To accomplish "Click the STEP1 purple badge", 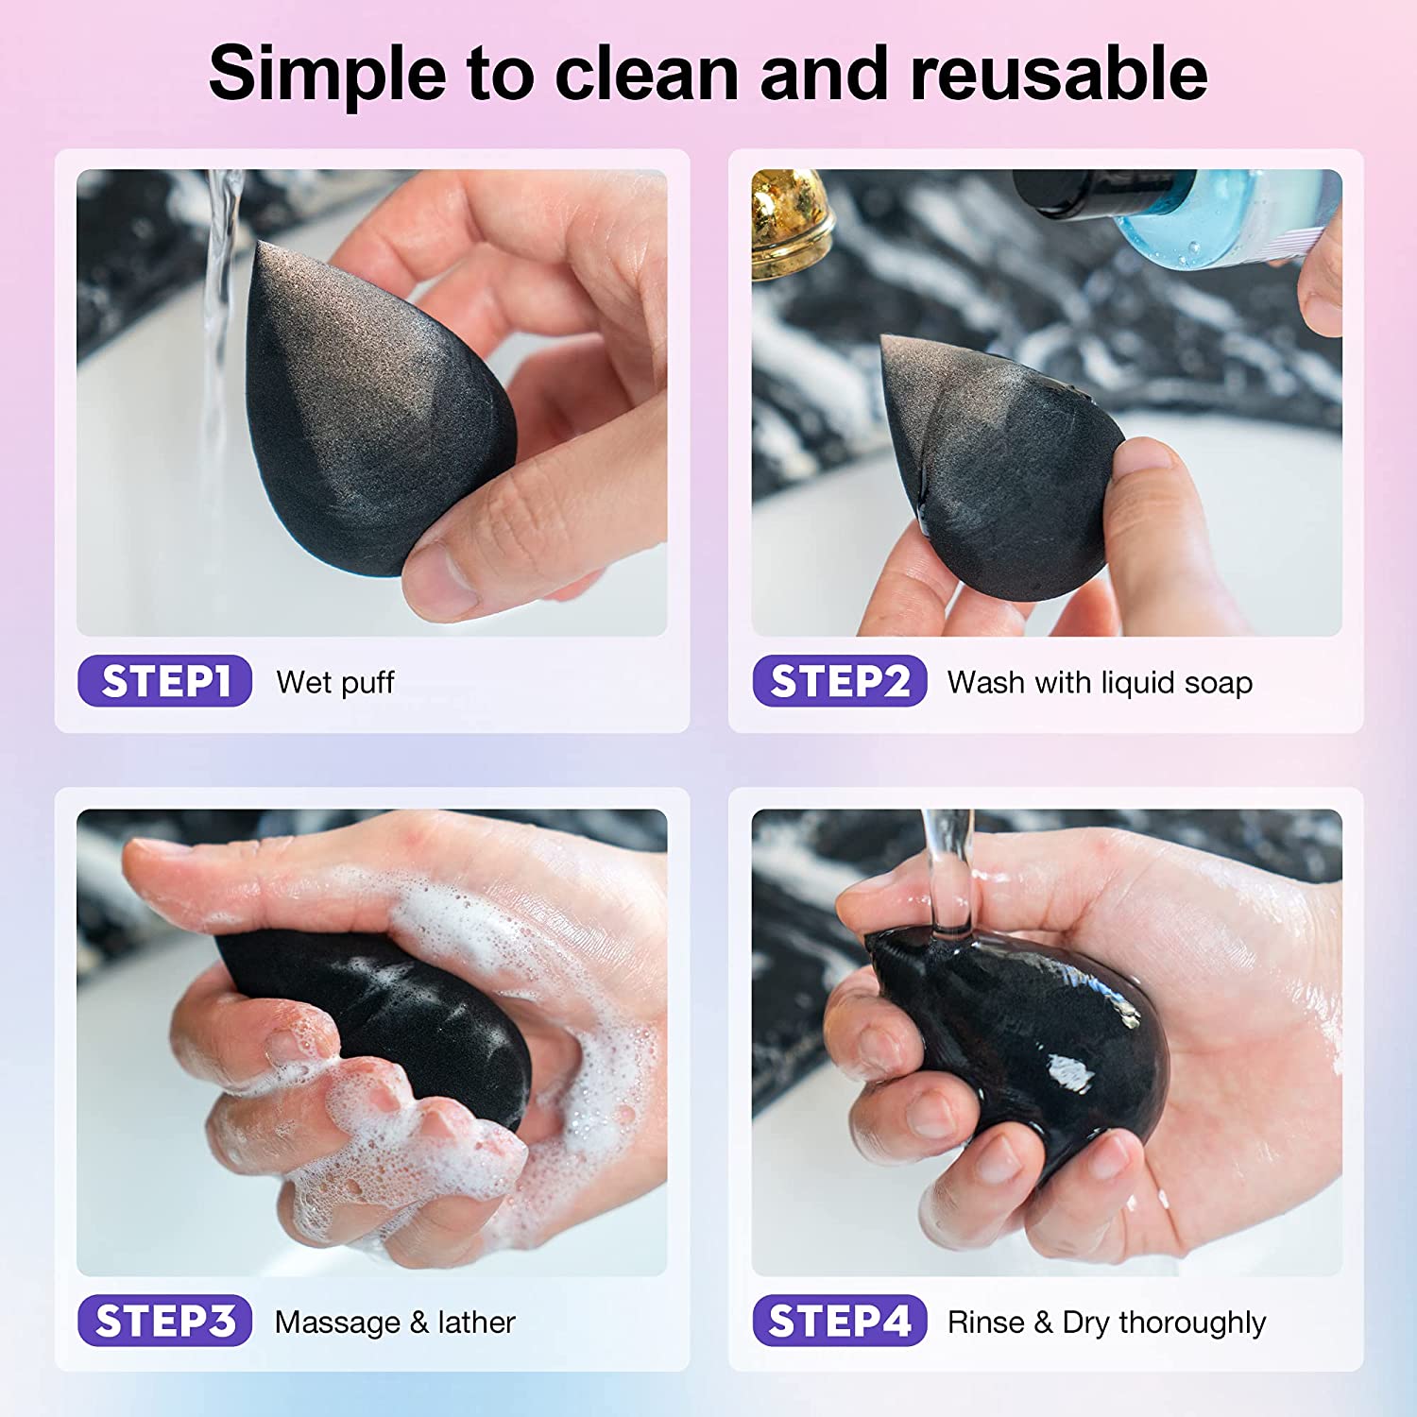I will coord(164,681).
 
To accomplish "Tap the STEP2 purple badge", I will coord(839,681).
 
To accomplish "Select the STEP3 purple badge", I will coord(164,1321).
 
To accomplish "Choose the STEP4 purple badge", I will coord(839,1321).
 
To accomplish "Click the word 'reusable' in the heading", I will coord(1058,74).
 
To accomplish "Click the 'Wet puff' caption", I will coord(335,682).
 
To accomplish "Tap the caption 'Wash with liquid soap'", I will coord(1100,682).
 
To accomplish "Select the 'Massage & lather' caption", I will coord(395,1322).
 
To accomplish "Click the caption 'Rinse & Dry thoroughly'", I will coord(1106,1322).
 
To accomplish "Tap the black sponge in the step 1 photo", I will coord(368,416).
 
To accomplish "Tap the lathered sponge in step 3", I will coord(387,1011).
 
